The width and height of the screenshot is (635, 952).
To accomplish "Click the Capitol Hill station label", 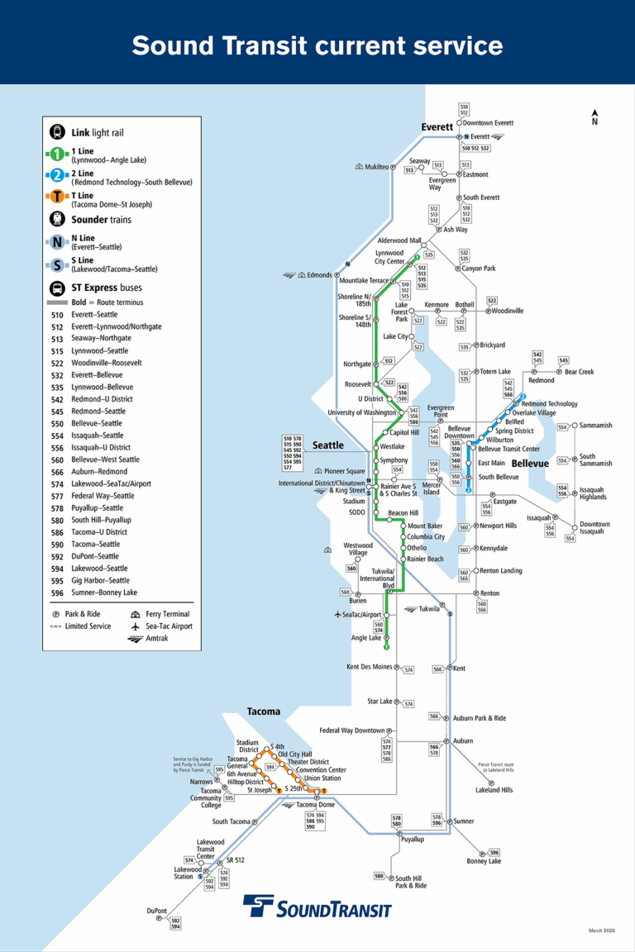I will pyautogui.click(x=405, y=432).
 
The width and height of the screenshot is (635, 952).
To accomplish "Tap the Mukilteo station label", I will pyautogui.click(x=377, y=167).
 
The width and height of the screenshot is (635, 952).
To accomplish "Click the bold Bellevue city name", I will pyautogui.click(x=530, y=464).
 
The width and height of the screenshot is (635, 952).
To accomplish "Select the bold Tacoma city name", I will pyautogui.click(x=264, y=712).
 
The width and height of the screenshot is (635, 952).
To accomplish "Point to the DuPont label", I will pyautogui.click(x=157, y=911).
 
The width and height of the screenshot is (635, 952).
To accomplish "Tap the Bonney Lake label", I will pyautogui.click(x=484, y=861).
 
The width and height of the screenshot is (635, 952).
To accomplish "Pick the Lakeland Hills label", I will pyautogui.click(x=494, y=790).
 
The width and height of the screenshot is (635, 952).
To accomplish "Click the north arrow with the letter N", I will pyautogui.click(x=594, y=117).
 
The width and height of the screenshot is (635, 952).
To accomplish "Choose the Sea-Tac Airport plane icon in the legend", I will pyautogui.click(x=136, y=626).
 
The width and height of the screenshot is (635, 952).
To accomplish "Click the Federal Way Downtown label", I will pyautogui.click(x=352, y=731).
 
